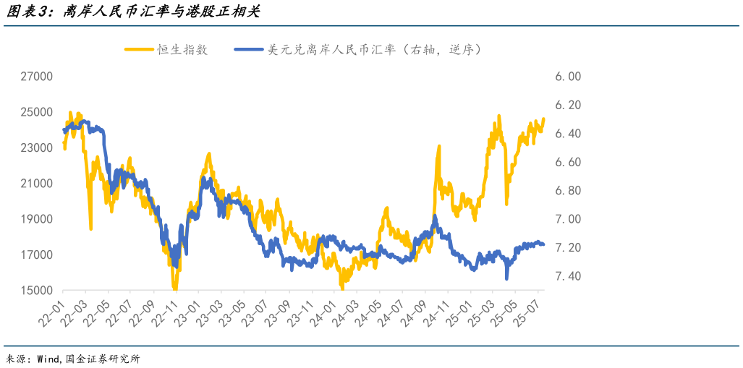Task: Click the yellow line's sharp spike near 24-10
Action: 438,147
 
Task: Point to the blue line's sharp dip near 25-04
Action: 507,278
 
